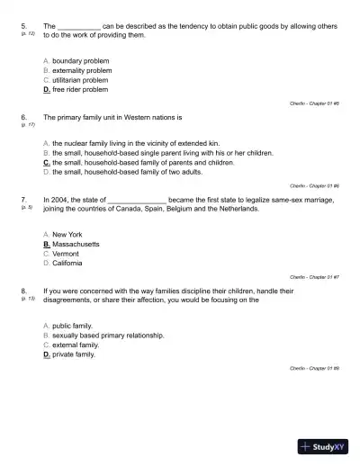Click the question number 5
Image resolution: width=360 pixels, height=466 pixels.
[x=22, y=26]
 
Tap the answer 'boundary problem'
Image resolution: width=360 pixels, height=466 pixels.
[x=82, y=60]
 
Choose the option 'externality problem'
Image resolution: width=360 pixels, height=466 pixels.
[x=82, y=70]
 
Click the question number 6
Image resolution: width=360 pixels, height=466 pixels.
[x=22, y=117]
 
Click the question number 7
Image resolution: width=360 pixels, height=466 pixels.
[x=22, y=199]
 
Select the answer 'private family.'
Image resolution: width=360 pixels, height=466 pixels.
[x=73, y=354]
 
